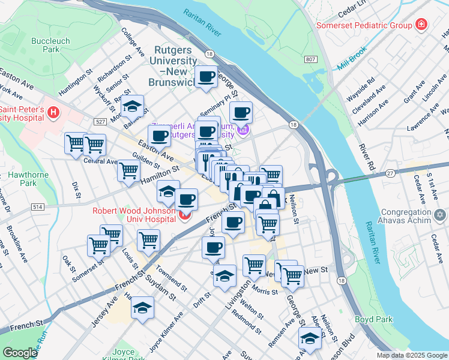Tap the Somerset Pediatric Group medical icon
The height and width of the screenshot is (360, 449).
click(x=422, y=25)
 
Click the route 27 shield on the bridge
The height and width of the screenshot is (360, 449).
click(x=390, y=173)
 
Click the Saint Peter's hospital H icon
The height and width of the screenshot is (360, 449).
click(x=53, y=112)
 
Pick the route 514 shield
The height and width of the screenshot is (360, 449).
click(x=38, y=206)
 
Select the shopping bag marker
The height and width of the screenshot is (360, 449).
click(x=273, y=197)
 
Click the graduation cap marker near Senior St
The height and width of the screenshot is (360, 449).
click(x=132, y=106)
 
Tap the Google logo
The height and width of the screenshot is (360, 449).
click(x=20, y=353)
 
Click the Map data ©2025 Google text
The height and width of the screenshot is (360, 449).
click(x=411, y=355)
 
